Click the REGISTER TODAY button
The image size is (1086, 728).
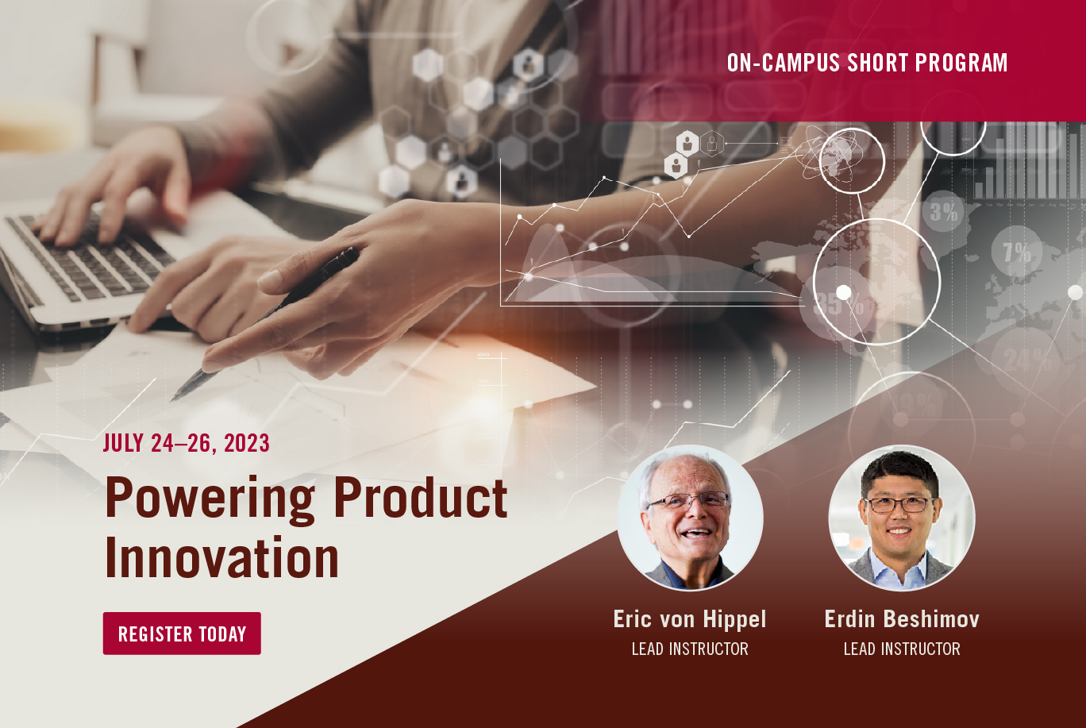[182, 633]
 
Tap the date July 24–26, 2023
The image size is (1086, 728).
[187, 443]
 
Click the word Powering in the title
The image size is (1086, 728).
[210, 499]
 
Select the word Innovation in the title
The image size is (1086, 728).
[221, 557]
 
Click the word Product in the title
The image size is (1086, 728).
[421, 497]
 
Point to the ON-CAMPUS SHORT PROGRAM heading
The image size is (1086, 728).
[867, 63]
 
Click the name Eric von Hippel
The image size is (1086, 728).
[690, 619]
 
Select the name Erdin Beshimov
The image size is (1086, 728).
[902, 619]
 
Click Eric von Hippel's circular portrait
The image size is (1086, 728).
[691, 518]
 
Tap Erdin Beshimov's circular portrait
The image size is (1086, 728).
[902, 518]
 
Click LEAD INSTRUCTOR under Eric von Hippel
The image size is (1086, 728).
[690, 649]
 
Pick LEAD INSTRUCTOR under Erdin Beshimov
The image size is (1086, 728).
[902, 649]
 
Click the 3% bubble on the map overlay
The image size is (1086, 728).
[944, 212]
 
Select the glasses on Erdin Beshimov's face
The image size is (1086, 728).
[901, 505]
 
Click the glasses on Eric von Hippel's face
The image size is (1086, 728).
[688, 500]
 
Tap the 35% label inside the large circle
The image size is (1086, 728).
[839, 304]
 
